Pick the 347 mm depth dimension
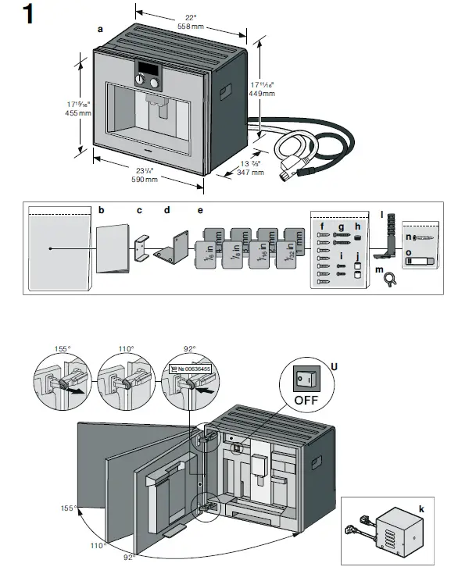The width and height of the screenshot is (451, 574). [251, 172]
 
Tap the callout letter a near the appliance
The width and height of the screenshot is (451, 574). [99, 28]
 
